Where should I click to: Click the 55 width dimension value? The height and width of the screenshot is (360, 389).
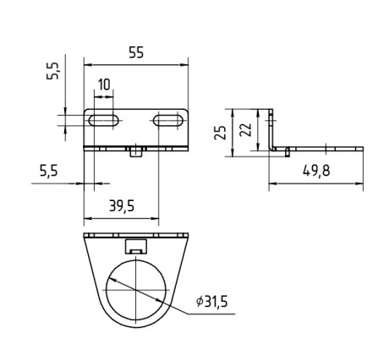pyautogui.click(x=136, y=52)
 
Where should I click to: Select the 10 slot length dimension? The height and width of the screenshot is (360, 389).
pyautogui.click(x=104, y=85)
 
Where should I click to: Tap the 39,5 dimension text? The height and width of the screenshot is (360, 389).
pyautogui.click(x=122, y=206)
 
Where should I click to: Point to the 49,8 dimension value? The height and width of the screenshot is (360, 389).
pyautogui.click(x=316, y=171)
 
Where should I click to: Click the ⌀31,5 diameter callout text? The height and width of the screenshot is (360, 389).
pyautogui.click(x=212, y=301)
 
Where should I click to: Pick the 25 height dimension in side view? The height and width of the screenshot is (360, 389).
pyautogui.click(x=220, y=133)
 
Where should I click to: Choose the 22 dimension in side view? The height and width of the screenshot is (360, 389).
pyautogui.click(x=245, y=130)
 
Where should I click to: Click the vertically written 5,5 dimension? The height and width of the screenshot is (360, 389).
pyautogui.click(x=53, y=71)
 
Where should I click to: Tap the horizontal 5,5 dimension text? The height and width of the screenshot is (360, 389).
pyautogui.click(x=48, y=171)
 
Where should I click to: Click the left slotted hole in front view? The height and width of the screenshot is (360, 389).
pyautogui.click(x=103, y=120)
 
